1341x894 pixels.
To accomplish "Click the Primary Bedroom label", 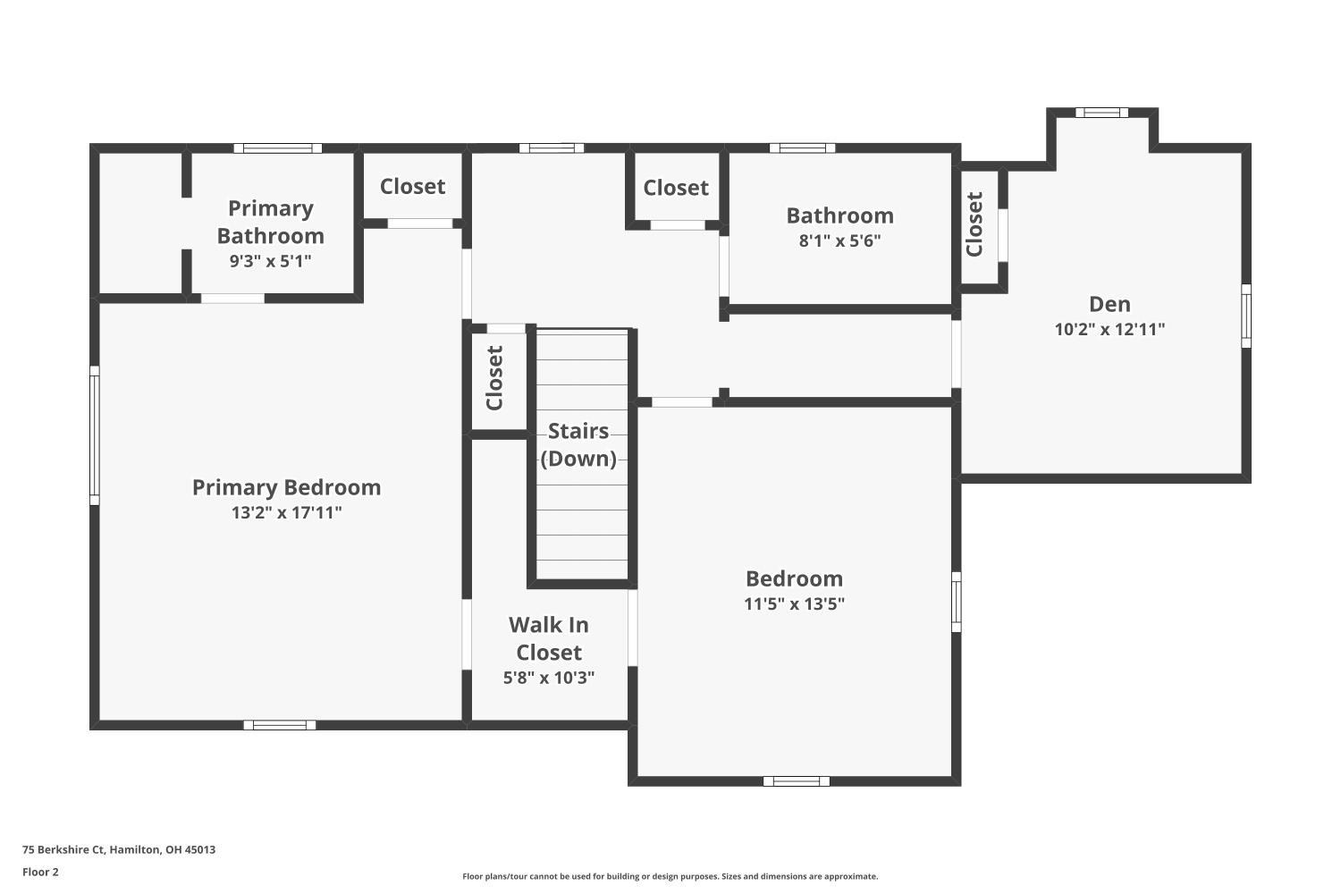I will pos(286,487).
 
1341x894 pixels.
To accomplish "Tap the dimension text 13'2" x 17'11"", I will pos(286,512).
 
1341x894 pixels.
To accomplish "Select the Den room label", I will pos(1109,304).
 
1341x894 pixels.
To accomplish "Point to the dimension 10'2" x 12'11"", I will pos(1109,329).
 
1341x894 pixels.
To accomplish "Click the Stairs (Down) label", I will pos(578,444).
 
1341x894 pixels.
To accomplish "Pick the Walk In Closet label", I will pos(549,638).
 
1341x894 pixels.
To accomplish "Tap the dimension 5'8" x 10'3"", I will pos(549,678).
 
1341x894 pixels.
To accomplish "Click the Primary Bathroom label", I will pos(271,222).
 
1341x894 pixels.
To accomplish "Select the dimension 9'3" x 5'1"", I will pos(271,261).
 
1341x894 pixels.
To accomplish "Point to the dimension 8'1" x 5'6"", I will pos(839,240).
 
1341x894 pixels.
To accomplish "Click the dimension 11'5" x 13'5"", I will pos(794,603).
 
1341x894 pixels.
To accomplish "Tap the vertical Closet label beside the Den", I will pos(974,223).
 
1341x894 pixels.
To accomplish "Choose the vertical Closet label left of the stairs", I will pos(494,377).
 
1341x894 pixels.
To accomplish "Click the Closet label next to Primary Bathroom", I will pos(412,186).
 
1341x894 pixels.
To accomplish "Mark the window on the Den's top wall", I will pos(1101,113).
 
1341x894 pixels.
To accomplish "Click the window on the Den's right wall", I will pos(1246,316).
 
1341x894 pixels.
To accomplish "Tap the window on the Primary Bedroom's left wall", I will pos(94,434).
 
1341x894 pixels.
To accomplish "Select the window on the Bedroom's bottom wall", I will pos(796,781).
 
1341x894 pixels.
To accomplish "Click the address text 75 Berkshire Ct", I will pos(119,849).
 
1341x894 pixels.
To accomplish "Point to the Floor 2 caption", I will pos(40,872).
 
